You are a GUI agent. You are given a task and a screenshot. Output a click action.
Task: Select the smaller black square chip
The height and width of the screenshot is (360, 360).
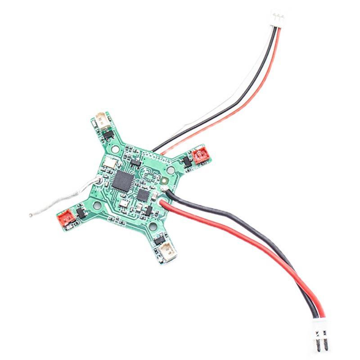click(x=143, y=195)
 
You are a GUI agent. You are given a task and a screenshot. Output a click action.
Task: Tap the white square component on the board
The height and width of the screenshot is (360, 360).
click(x=109, y=163)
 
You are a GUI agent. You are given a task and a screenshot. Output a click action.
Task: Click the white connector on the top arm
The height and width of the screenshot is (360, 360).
click(x=103, y=120)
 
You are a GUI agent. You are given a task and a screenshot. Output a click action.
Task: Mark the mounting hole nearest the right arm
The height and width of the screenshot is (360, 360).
click(x=171, y=170)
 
